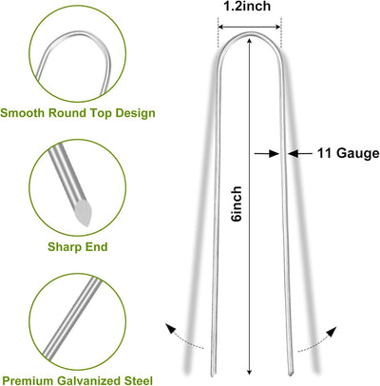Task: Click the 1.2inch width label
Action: (248, 7)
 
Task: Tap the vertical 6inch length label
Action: (237, 203)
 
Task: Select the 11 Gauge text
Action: (348, 153)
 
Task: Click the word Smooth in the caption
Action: (23, 113)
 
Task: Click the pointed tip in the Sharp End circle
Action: (87, 224)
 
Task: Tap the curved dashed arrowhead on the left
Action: (171, 329)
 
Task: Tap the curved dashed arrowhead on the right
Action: (331, 331)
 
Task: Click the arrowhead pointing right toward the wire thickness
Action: (274, 153)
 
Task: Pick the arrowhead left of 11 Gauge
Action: (294, 153)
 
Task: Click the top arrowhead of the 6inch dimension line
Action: (250, 41)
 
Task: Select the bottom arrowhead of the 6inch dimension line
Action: (250, 371)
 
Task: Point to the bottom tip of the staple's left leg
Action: (212, 376)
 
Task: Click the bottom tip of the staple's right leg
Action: (291, 375)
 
